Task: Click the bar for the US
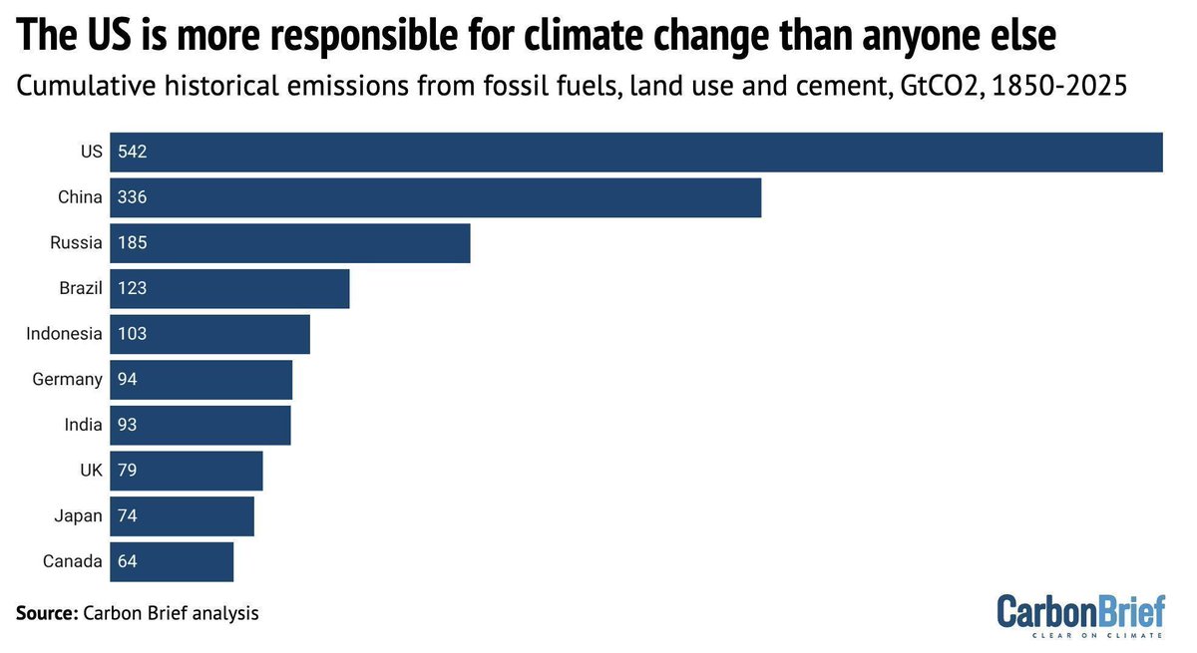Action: [x=636, y=153]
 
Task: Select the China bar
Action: [x=436, y=197]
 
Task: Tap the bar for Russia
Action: [x=290, y=243]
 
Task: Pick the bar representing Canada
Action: [x=172, y=561]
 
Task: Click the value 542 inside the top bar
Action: [x=133, y=153]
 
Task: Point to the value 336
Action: [x=133, y=197]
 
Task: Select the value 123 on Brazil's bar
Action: [x=133, y=289]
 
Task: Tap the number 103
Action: [x=133, y=334]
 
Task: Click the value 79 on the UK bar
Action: [x=128, y=471]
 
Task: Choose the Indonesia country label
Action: [x=64, y=334]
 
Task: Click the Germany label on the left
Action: [x=67, y=380]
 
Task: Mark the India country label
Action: [x=83, y=425]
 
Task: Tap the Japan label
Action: [x=79, y=516]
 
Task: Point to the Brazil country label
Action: [x=81, y=289]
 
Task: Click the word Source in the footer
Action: [x=46, y=613]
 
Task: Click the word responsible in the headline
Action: [x=352, y=37]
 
